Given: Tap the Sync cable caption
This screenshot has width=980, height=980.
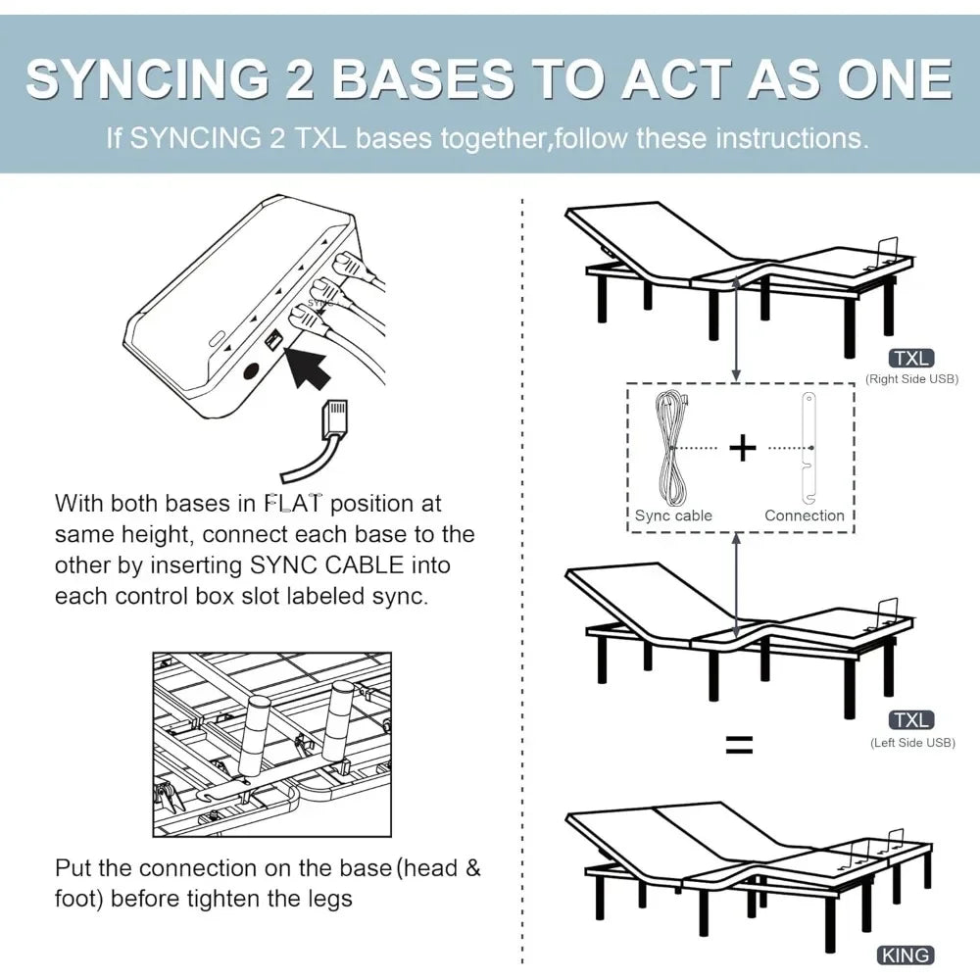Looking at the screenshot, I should point(673,515).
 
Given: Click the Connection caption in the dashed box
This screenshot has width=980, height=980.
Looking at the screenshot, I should point(804,515).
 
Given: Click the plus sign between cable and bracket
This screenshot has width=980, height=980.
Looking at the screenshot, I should point(742,448).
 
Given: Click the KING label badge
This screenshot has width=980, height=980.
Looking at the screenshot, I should point(906,955).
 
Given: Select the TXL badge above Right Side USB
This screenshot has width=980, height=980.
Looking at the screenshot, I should point(910,359).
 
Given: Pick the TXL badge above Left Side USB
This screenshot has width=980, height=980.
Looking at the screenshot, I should point(910,721).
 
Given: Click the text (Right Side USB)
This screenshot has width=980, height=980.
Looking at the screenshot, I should point(910,379).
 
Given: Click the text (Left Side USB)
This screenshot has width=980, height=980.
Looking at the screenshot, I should point(912,742).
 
